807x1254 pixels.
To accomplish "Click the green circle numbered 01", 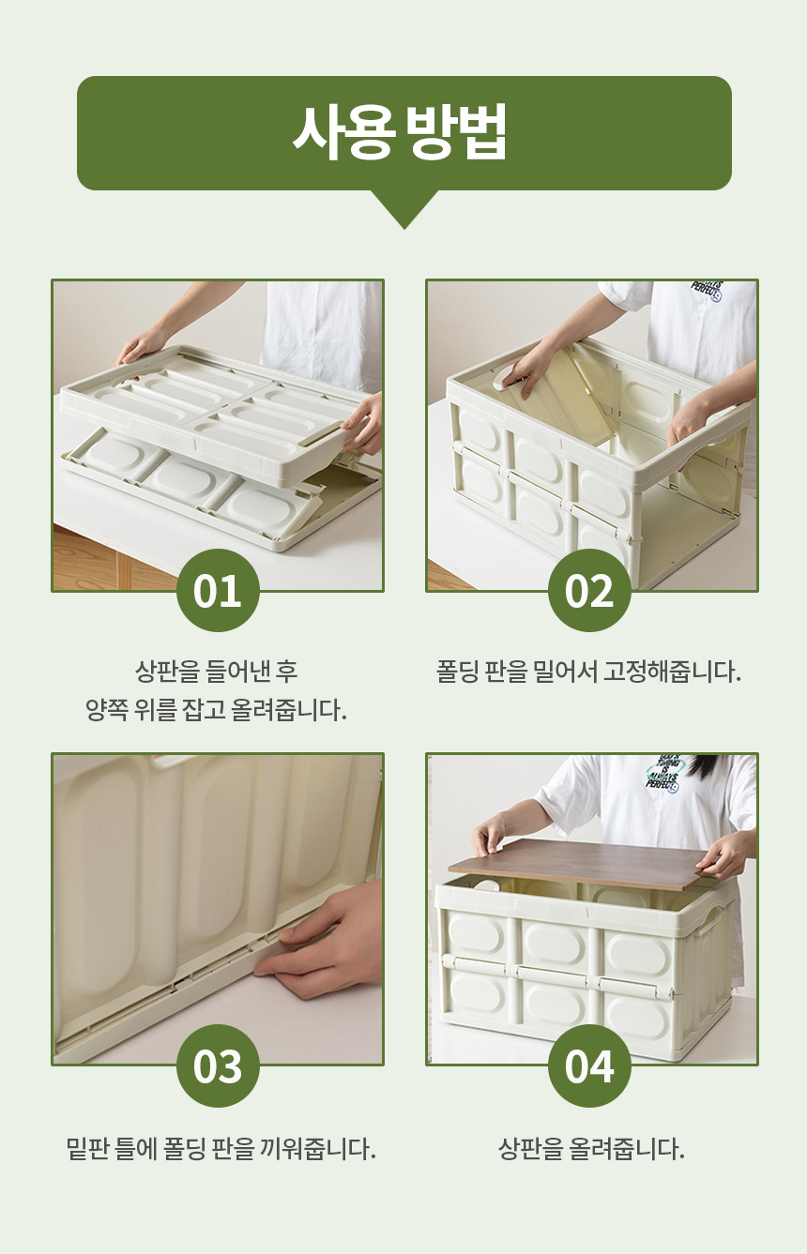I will click(x=218, y=591).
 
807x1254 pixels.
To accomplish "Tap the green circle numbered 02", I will click(x=589, y=591).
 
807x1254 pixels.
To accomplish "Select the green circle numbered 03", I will click(x=218, y=1065).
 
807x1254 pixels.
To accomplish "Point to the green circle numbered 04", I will click(x=589, y=1065).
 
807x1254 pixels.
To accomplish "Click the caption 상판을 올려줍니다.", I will click(x=591, y=1148).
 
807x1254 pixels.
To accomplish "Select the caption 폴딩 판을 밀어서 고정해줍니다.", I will click(x=589, y=672).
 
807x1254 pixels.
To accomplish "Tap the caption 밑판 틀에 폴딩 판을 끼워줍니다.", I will click(x=221, y=1148).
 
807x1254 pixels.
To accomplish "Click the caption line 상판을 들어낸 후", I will click(x=217, y=672).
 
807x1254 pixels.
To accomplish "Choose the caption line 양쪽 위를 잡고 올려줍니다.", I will click(x=217, y=710).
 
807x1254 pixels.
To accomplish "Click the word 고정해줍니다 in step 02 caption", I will click(x=673, y=672).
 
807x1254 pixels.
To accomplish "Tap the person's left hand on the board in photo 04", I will click(x=489, y=834).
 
